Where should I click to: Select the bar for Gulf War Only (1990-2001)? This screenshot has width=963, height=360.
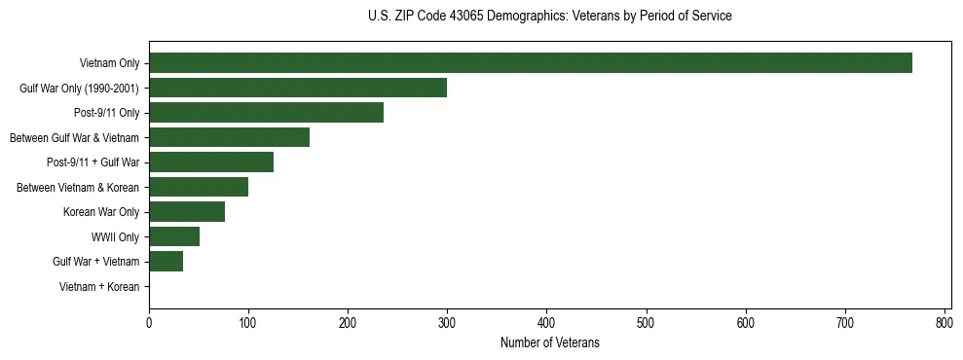(x=298, y=88)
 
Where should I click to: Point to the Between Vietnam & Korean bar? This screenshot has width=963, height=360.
(x=199, y=187)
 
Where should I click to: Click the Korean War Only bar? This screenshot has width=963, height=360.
(x=187, y=212)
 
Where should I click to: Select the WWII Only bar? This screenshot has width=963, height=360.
(x=174, y=236)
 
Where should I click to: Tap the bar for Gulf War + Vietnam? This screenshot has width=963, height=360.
(x=166, y=262)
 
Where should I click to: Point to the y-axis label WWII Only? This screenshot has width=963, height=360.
(x=115, y=237)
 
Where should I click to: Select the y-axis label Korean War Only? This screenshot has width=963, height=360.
(x=101, y=212)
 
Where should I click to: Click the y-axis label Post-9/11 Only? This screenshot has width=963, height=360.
(x=106, y=113)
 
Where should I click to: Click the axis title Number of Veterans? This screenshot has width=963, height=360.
(x=549, y=342)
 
